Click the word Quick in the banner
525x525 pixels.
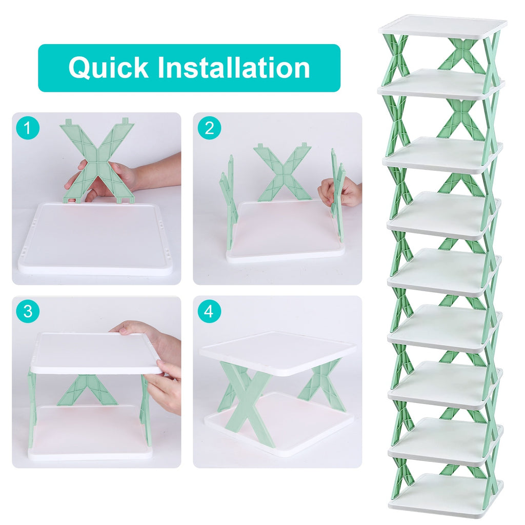(108, 68)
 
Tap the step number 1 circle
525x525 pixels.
(28, 128)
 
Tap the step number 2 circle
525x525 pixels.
(209, 128)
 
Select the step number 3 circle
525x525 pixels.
(28, 312)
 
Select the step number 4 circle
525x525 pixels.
(209, 312)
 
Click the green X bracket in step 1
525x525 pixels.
(97, 154)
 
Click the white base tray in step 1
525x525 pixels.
(95, 241)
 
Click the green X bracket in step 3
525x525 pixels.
(87, 390)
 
